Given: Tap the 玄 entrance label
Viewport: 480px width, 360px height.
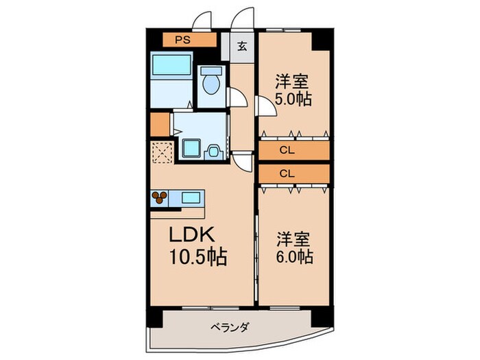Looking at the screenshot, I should pyautogui.click(x=242, y=47).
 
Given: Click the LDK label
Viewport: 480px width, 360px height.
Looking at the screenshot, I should pyautogui.click(x=195, y=235).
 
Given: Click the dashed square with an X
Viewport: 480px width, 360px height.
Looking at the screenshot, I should pyautogui.click(x=162, y=152).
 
